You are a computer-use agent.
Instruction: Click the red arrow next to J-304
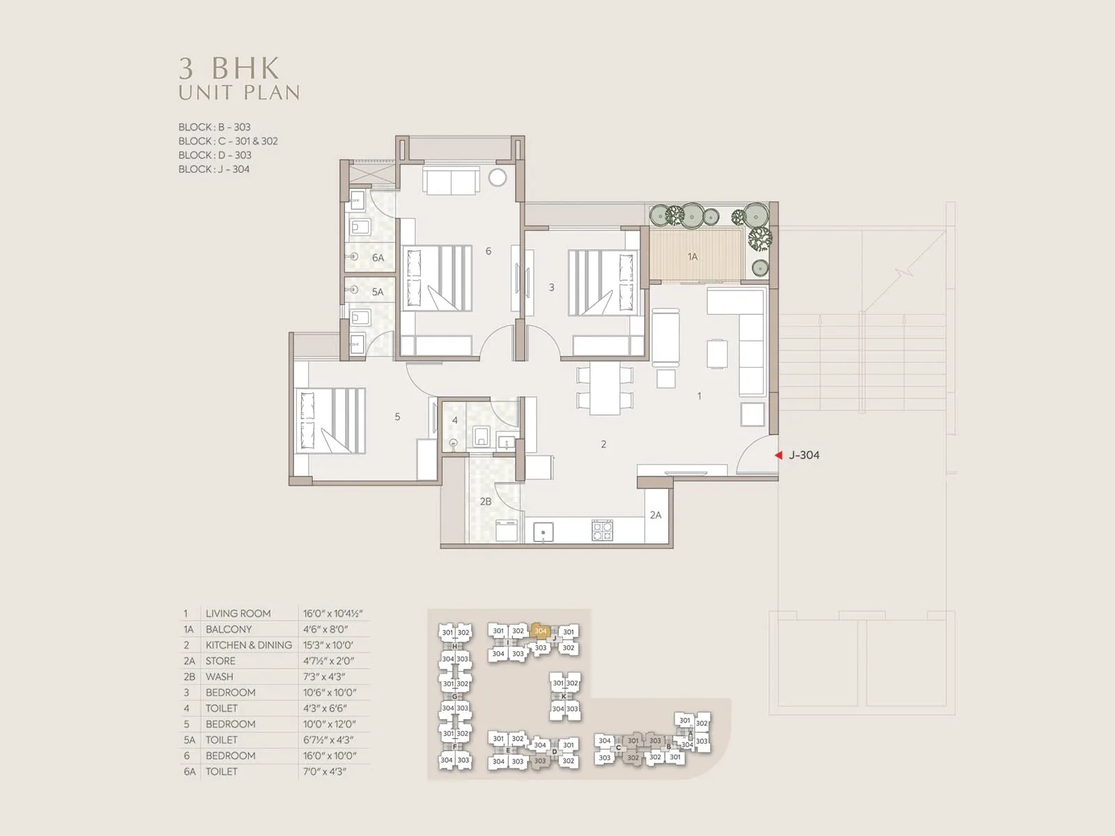tap(778, 455)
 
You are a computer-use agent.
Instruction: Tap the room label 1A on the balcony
tap(692, 257)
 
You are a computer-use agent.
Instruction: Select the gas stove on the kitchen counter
tap(602, 531)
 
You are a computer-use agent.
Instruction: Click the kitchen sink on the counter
tap(544, 533)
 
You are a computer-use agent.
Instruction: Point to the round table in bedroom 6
tap(498, 178)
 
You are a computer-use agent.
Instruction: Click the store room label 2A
tap(655, 516)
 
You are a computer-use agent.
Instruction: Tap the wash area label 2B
tap(485, 502)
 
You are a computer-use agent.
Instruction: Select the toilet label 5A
tap(377, 292)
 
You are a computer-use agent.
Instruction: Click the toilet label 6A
tap(378, 258)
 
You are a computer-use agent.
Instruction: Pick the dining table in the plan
tap(605, 389)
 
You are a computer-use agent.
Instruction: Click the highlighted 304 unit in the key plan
tap(541, 631)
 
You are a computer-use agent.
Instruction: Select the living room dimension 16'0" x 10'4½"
tap(332, 614)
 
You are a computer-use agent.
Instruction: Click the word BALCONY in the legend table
tap(229, 629)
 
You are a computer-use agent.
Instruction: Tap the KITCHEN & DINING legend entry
tap(249, 645)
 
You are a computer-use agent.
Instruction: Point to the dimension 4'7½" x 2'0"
tap(328, 661)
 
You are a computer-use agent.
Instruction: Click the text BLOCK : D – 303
tap(215, 155)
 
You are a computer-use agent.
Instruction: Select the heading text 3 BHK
tap(229, 68)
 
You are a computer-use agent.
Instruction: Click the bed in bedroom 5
tap(331, 421)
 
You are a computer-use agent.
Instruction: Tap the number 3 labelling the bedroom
tap(551, 287)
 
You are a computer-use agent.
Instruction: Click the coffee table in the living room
tap(717, 353)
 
